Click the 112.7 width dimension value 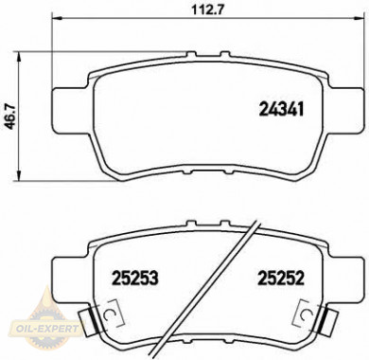click(x=208, y=9)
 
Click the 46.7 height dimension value click(x=11, y=117)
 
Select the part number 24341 click(x=281, y=109)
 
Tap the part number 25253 click(x=134, y=279)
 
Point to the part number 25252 click(x=281, y=279)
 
